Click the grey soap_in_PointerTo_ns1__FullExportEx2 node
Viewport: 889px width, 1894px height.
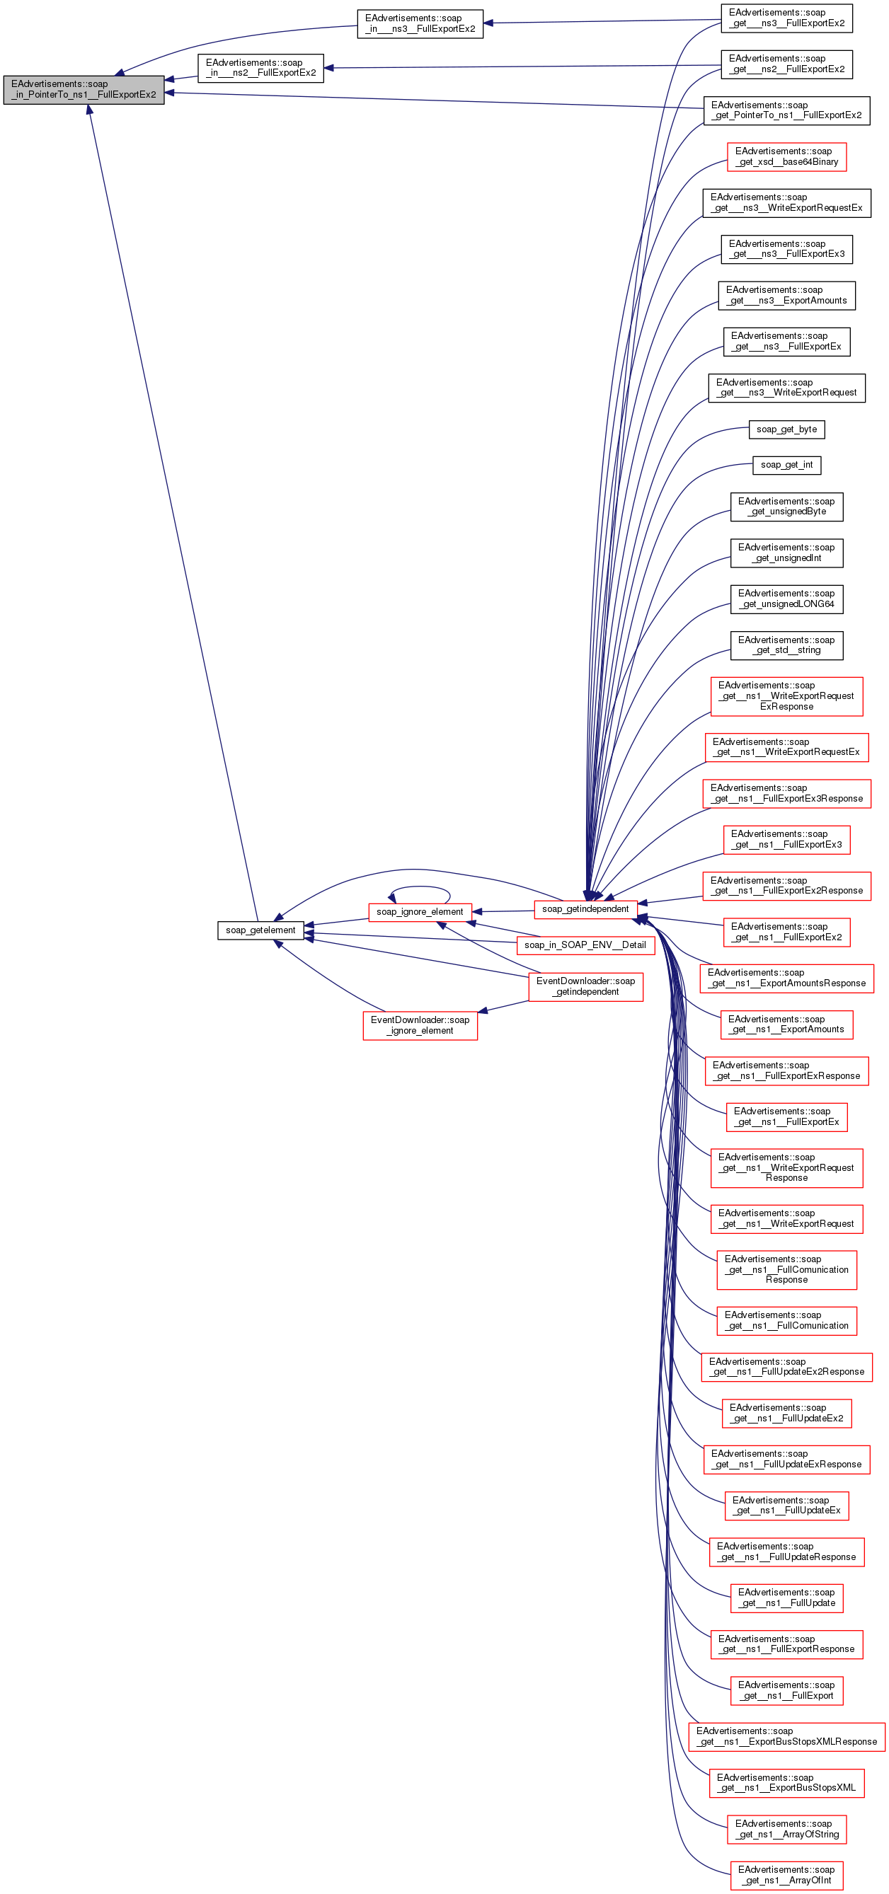point(83,90)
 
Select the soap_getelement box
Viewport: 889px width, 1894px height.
point(260,930)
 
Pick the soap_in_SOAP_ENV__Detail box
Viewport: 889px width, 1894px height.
point(585,945)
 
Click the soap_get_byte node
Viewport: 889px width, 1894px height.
point(786,429)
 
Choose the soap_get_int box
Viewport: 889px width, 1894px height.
point(786,465)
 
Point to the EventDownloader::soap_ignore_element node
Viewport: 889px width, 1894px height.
point(420,1025)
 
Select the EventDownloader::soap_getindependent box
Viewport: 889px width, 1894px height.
point(585,987)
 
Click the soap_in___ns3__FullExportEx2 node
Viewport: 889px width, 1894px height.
point(420,23)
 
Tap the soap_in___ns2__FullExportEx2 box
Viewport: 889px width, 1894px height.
point(260,68)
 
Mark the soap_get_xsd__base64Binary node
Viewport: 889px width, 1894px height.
point(786,156)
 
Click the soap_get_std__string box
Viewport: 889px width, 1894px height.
point(786,645)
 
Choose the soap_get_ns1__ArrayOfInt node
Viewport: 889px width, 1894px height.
point(786,1875)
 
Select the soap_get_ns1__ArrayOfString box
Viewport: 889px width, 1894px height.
point(786,1829)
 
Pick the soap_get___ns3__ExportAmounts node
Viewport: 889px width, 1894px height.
point(786,296)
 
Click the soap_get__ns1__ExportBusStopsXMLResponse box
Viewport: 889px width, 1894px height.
point(786,1736)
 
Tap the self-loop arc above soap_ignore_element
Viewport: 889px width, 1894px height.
point(420,888)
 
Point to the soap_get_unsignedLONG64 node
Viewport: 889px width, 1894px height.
point(786,599)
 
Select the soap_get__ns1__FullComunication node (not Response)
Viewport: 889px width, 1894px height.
point(786,1320)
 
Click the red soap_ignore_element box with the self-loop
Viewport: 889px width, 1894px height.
point(420,912)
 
